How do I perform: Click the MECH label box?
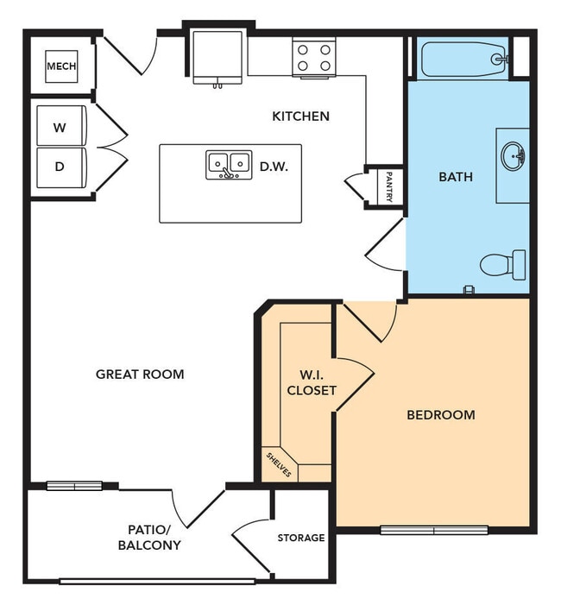[61, 66]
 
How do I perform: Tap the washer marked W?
[60, 128]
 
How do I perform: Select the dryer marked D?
[60, 167]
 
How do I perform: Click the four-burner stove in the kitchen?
[313, 58]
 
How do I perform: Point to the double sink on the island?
[229, 164]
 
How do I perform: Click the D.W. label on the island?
[274, 164]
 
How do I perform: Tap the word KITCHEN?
[300, 116]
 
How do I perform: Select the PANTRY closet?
[388, 186]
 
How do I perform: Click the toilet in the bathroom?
[503, 264]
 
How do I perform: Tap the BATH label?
[456, 177]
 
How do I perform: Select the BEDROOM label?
[440, 415]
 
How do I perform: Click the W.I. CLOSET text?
[311, 382]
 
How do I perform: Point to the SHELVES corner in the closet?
[279, 465]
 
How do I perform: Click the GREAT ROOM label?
[140, 374]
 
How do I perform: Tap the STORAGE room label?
[300, 538]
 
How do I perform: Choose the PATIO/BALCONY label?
[149, 537]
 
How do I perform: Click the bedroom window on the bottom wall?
[434, 530]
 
